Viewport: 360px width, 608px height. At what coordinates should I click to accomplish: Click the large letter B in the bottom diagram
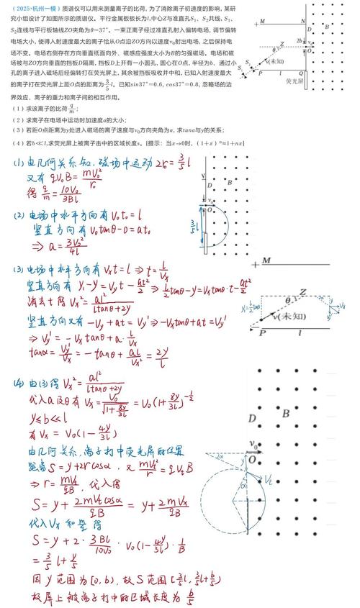(286, 413)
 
